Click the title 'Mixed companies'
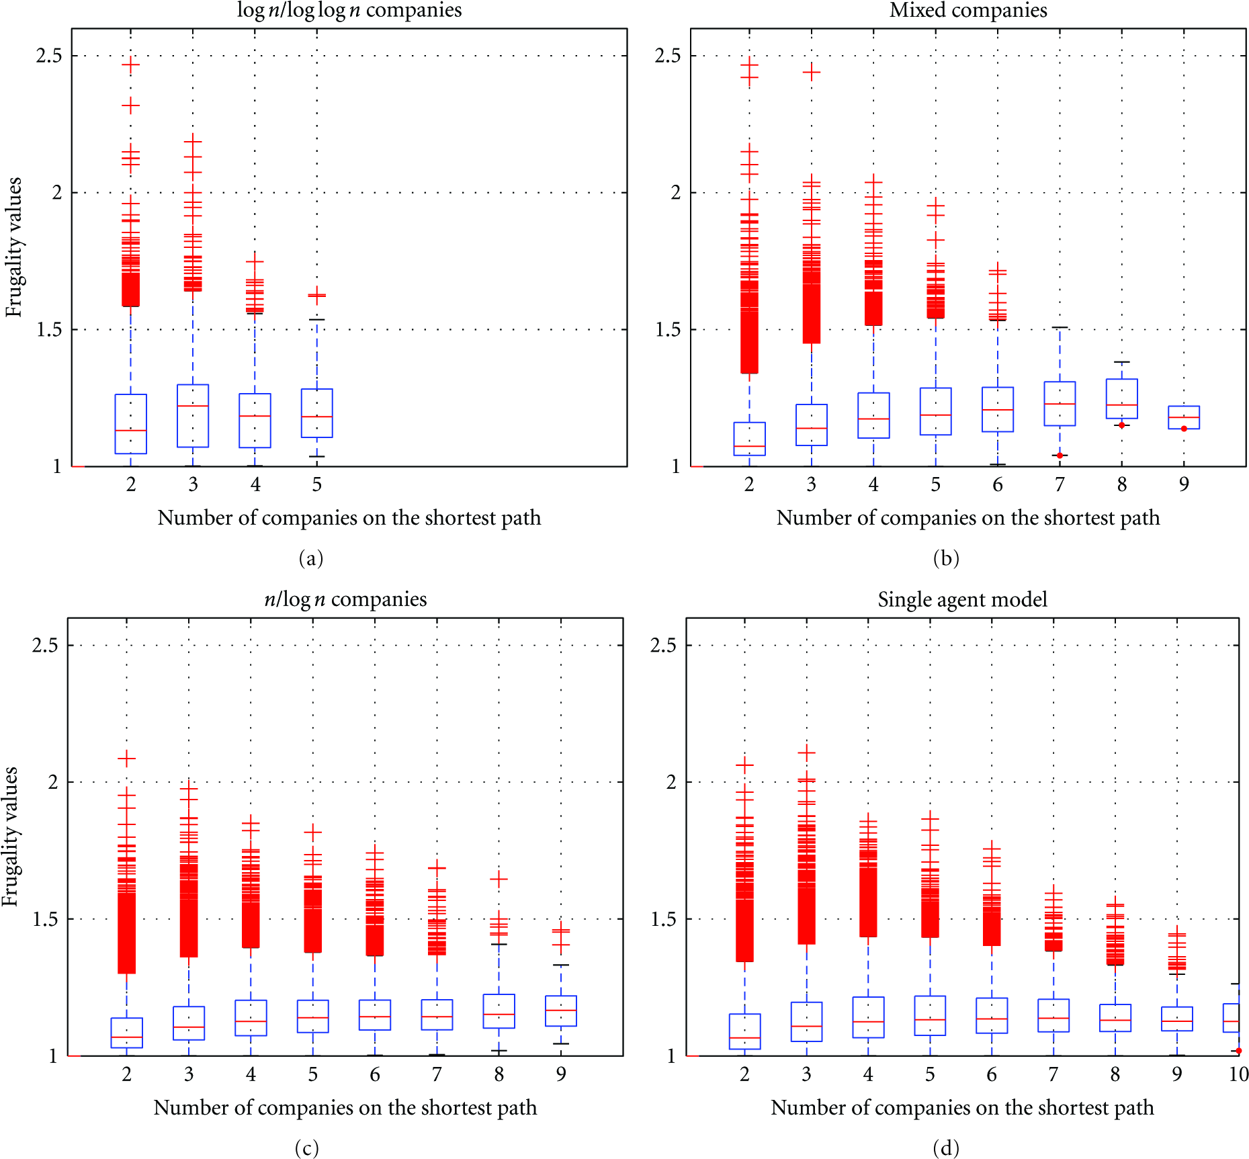point(968,10)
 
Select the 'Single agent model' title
point(962,599)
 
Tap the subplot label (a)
point(310,558)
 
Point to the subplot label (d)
point(946,1148)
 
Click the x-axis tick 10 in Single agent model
point(1238,1074)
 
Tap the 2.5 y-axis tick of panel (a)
point(49,55)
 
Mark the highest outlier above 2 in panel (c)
point(126,759)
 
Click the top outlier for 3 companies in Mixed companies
point(812,72)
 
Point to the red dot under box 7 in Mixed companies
point(1060,456)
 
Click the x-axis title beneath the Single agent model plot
point(962,1107)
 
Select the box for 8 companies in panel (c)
point(499,1011)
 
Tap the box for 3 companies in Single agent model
point(806,1022)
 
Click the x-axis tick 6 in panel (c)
point(375,1074)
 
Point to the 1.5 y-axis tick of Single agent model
point(664,918)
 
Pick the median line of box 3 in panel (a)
point(193,406)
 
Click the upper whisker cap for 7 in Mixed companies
point(1060,327)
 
